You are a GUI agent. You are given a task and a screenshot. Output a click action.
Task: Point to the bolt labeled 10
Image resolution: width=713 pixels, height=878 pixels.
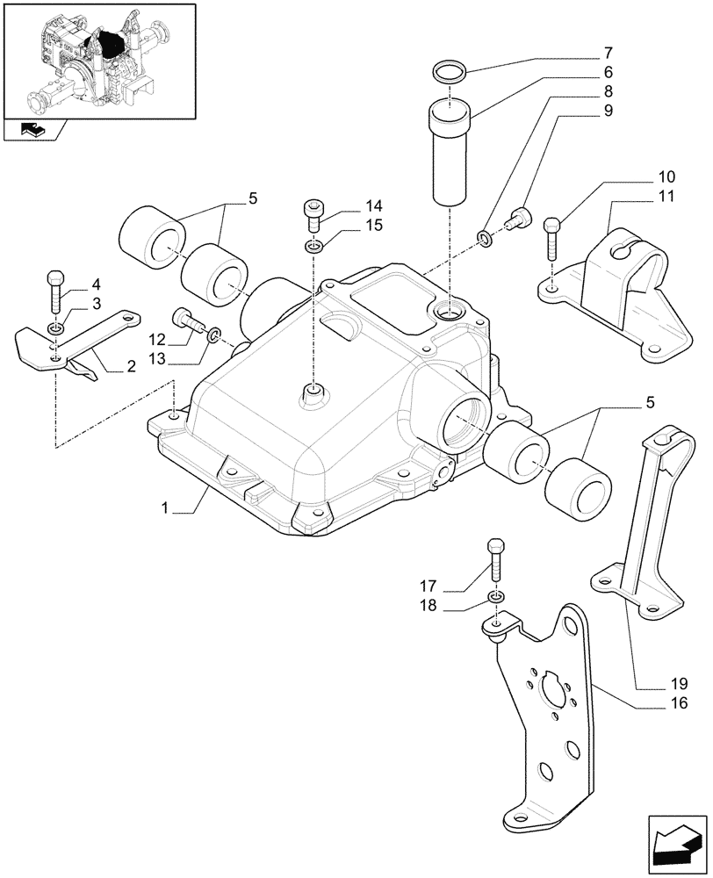click(x=552, y=236)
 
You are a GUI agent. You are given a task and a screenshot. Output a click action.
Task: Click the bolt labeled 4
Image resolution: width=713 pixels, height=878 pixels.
click(x=54, y=291)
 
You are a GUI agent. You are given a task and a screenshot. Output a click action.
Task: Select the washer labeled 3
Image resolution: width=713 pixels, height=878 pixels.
click(x=55, y=328)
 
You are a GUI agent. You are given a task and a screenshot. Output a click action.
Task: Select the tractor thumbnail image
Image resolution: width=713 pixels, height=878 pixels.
click(x=97, y=60)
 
